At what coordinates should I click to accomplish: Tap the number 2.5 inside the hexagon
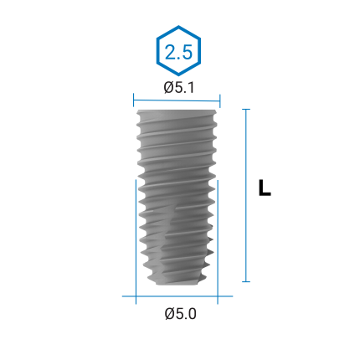point(178,52)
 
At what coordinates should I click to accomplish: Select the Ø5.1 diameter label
point(178,87)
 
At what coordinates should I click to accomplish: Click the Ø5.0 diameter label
point(180,314)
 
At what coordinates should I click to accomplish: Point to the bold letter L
point(265,188)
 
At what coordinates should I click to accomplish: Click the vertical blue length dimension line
point(246,195)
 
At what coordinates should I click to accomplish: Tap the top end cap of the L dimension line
point(246,110)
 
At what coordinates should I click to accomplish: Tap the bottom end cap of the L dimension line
point(246,281)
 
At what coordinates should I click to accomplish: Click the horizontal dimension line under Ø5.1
point(177,100)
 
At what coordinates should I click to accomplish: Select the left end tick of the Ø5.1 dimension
point(134,100)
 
